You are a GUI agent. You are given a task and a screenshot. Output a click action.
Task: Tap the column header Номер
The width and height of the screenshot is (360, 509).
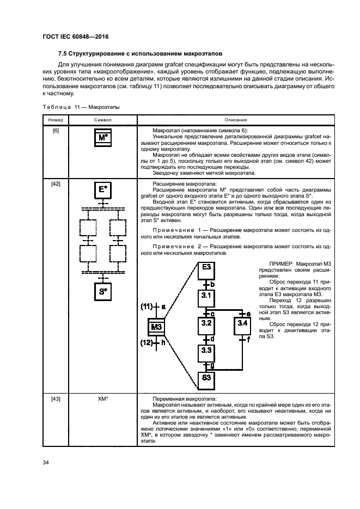(x=56, y=120)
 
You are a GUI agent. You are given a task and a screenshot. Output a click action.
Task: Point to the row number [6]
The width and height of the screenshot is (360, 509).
(x=56, y=132)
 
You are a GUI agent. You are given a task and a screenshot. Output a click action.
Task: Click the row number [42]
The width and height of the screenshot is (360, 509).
(x=56, y=184)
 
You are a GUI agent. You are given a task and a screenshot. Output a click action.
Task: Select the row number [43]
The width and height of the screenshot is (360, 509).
(x=56, y=399)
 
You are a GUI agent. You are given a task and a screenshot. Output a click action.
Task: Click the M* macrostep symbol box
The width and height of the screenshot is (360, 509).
(x=102, y=137)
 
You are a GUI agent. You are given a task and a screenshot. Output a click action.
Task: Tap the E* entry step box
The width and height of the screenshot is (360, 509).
(x=102, y=190)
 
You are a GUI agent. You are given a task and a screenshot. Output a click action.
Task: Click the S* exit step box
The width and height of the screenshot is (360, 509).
(x=102, y=291)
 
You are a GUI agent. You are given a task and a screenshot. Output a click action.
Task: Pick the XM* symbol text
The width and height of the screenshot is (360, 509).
(x=102, y=399)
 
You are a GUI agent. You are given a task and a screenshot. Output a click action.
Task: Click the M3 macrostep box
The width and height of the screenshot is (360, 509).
(x=156, y=327)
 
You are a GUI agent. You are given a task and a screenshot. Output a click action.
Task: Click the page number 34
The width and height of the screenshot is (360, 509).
(x=46, y=463)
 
